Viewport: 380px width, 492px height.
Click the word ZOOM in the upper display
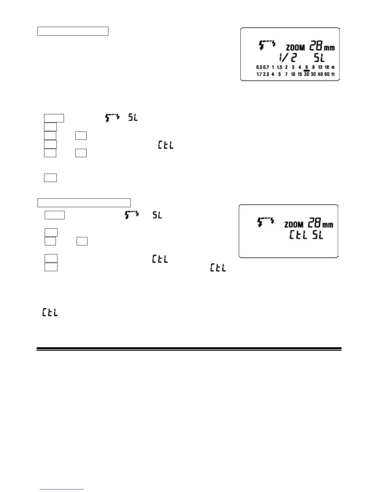(295, 48)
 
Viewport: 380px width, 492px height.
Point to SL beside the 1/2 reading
(319, 58)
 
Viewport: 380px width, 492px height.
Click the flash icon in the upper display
(267, 45)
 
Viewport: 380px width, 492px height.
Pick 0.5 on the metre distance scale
(259, 67)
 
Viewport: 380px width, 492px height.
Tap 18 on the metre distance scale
(327, 67)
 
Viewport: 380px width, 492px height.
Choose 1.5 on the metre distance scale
(279, 67)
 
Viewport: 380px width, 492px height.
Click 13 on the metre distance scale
(320, 67)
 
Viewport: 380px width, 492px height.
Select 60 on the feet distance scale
(327, 74)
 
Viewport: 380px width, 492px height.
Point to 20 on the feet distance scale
(306, 74)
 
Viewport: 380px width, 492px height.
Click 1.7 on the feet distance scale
(259, 74)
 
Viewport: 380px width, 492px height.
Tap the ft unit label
(333, 74)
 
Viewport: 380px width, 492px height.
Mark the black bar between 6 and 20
(306, 71)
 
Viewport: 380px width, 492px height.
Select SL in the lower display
(318, 235)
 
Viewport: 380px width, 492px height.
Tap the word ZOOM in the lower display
(294, 224)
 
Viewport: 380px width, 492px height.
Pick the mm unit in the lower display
(328, 224)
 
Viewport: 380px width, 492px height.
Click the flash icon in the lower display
(266, 222)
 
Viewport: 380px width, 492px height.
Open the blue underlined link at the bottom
(62, 489)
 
